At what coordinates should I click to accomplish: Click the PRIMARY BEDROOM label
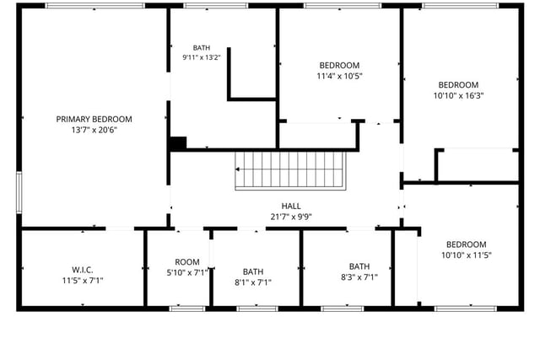[94, 119]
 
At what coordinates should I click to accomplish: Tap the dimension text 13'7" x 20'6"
[94, 130]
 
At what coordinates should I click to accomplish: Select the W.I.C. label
[83, 270]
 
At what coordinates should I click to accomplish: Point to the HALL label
[291, 207]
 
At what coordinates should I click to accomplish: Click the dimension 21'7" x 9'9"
[291, 217]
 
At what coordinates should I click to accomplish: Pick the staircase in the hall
[290, 170]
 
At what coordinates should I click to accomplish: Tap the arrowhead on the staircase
[238, 169]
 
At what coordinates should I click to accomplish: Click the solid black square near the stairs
[178, 143]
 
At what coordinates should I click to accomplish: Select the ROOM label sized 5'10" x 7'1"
[187, 262]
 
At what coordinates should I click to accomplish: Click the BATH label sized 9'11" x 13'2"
[202, 48]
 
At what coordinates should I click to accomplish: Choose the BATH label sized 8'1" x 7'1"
[253, 271]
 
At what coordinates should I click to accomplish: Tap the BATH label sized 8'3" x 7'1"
[359, 266]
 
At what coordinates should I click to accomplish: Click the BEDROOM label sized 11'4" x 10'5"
[339, 66]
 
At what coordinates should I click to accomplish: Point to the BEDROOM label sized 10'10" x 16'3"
[458, 85]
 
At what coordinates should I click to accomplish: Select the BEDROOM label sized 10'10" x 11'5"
[467, 244]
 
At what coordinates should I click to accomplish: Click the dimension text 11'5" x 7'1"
[83, 281]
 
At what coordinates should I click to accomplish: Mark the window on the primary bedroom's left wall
[19, 192]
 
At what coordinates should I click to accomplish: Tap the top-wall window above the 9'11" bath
[216, 6]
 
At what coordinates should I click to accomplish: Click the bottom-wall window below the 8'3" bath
[342, 309]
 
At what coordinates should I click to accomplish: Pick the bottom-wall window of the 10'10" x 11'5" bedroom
[466, 309]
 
